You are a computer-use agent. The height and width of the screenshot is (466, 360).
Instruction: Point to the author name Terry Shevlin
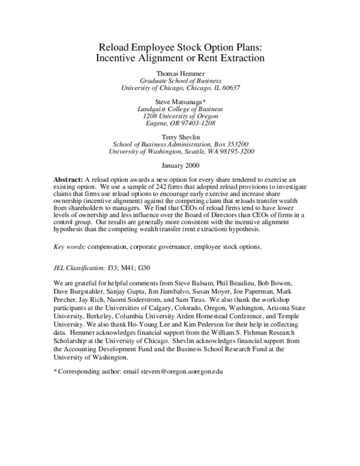point(180,136)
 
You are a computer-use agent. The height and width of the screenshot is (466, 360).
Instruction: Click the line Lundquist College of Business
point(180,110)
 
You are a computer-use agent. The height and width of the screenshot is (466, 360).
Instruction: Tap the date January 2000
point(180,165)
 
